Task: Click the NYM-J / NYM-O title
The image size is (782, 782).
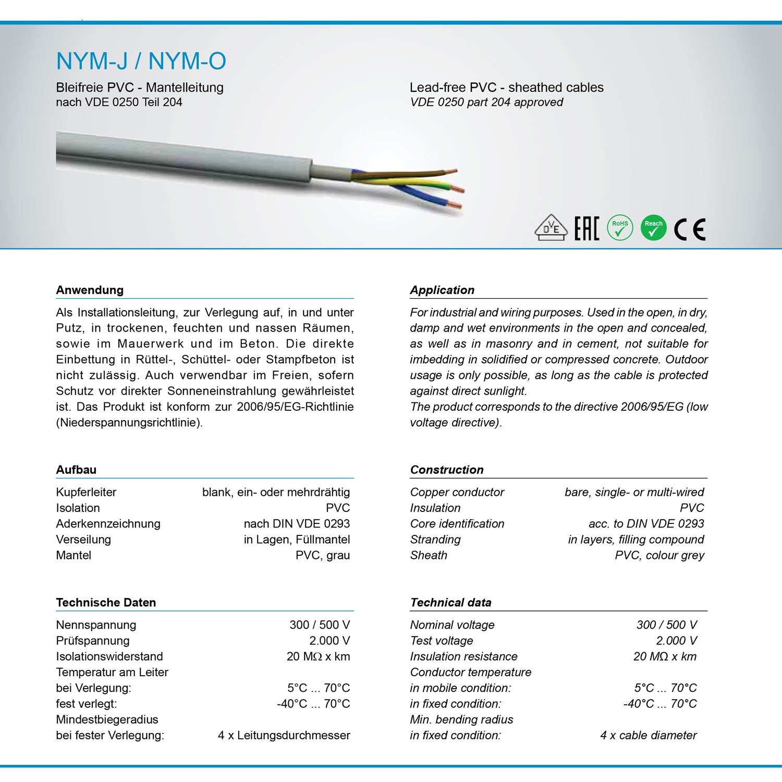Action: point(141,61)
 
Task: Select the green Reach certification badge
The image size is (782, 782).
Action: point(653,228)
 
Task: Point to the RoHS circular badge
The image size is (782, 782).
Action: point(620,228)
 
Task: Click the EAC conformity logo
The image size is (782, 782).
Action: point(586,229)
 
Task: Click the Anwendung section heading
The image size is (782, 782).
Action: point(90,290)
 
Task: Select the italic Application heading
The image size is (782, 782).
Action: point(442,290)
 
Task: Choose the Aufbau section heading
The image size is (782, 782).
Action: point(76,470)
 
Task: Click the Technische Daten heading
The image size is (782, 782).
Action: point(106,603)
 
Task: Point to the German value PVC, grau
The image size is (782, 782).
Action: point(323,555)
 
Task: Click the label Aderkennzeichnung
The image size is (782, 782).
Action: point(108,524)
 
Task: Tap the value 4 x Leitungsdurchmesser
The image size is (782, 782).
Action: point(284,736)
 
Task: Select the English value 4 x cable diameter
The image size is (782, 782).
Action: point(648,736)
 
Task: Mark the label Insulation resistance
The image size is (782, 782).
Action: point(463,657)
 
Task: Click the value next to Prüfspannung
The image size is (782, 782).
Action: point(329,641)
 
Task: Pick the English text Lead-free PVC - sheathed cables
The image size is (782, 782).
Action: point(506,88)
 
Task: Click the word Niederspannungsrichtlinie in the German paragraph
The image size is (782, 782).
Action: point(129,422)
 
